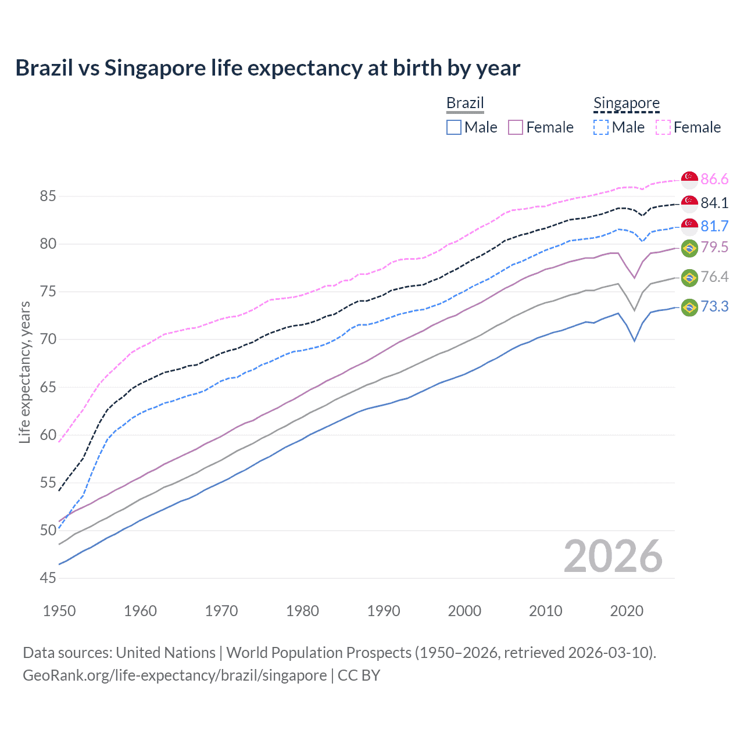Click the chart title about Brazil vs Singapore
[x=267, y=68]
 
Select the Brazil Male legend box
[x=454, y=127]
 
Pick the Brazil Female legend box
[x=516, y=127]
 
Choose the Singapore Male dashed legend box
[x=601, y=127]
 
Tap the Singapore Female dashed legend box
[x=663, y=127]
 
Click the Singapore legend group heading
[x=626, y=103]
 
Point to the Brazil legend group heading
[x=465, y=103]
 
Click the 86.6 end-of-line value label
[x=714, y=179]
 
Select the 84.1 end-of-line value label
[x=714, y=203]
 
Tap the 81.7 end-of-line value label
[x=714, y=226]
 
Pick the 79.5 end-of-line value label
[x=714, y=248]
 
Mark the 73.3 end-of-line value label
[x=714, y=306]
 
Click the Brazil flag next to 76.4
[x=689, y=277]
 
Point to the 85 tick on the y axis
[x=48, y=196]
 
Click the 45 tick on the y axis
[x=48, y=578]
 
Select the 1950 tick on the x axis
[x=59, y=611]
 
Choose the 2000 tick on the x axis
[x=464, y=611]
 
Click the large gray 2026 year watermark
[x=613, y=557]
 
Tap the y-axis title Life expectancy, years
[x=24, y=372]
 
